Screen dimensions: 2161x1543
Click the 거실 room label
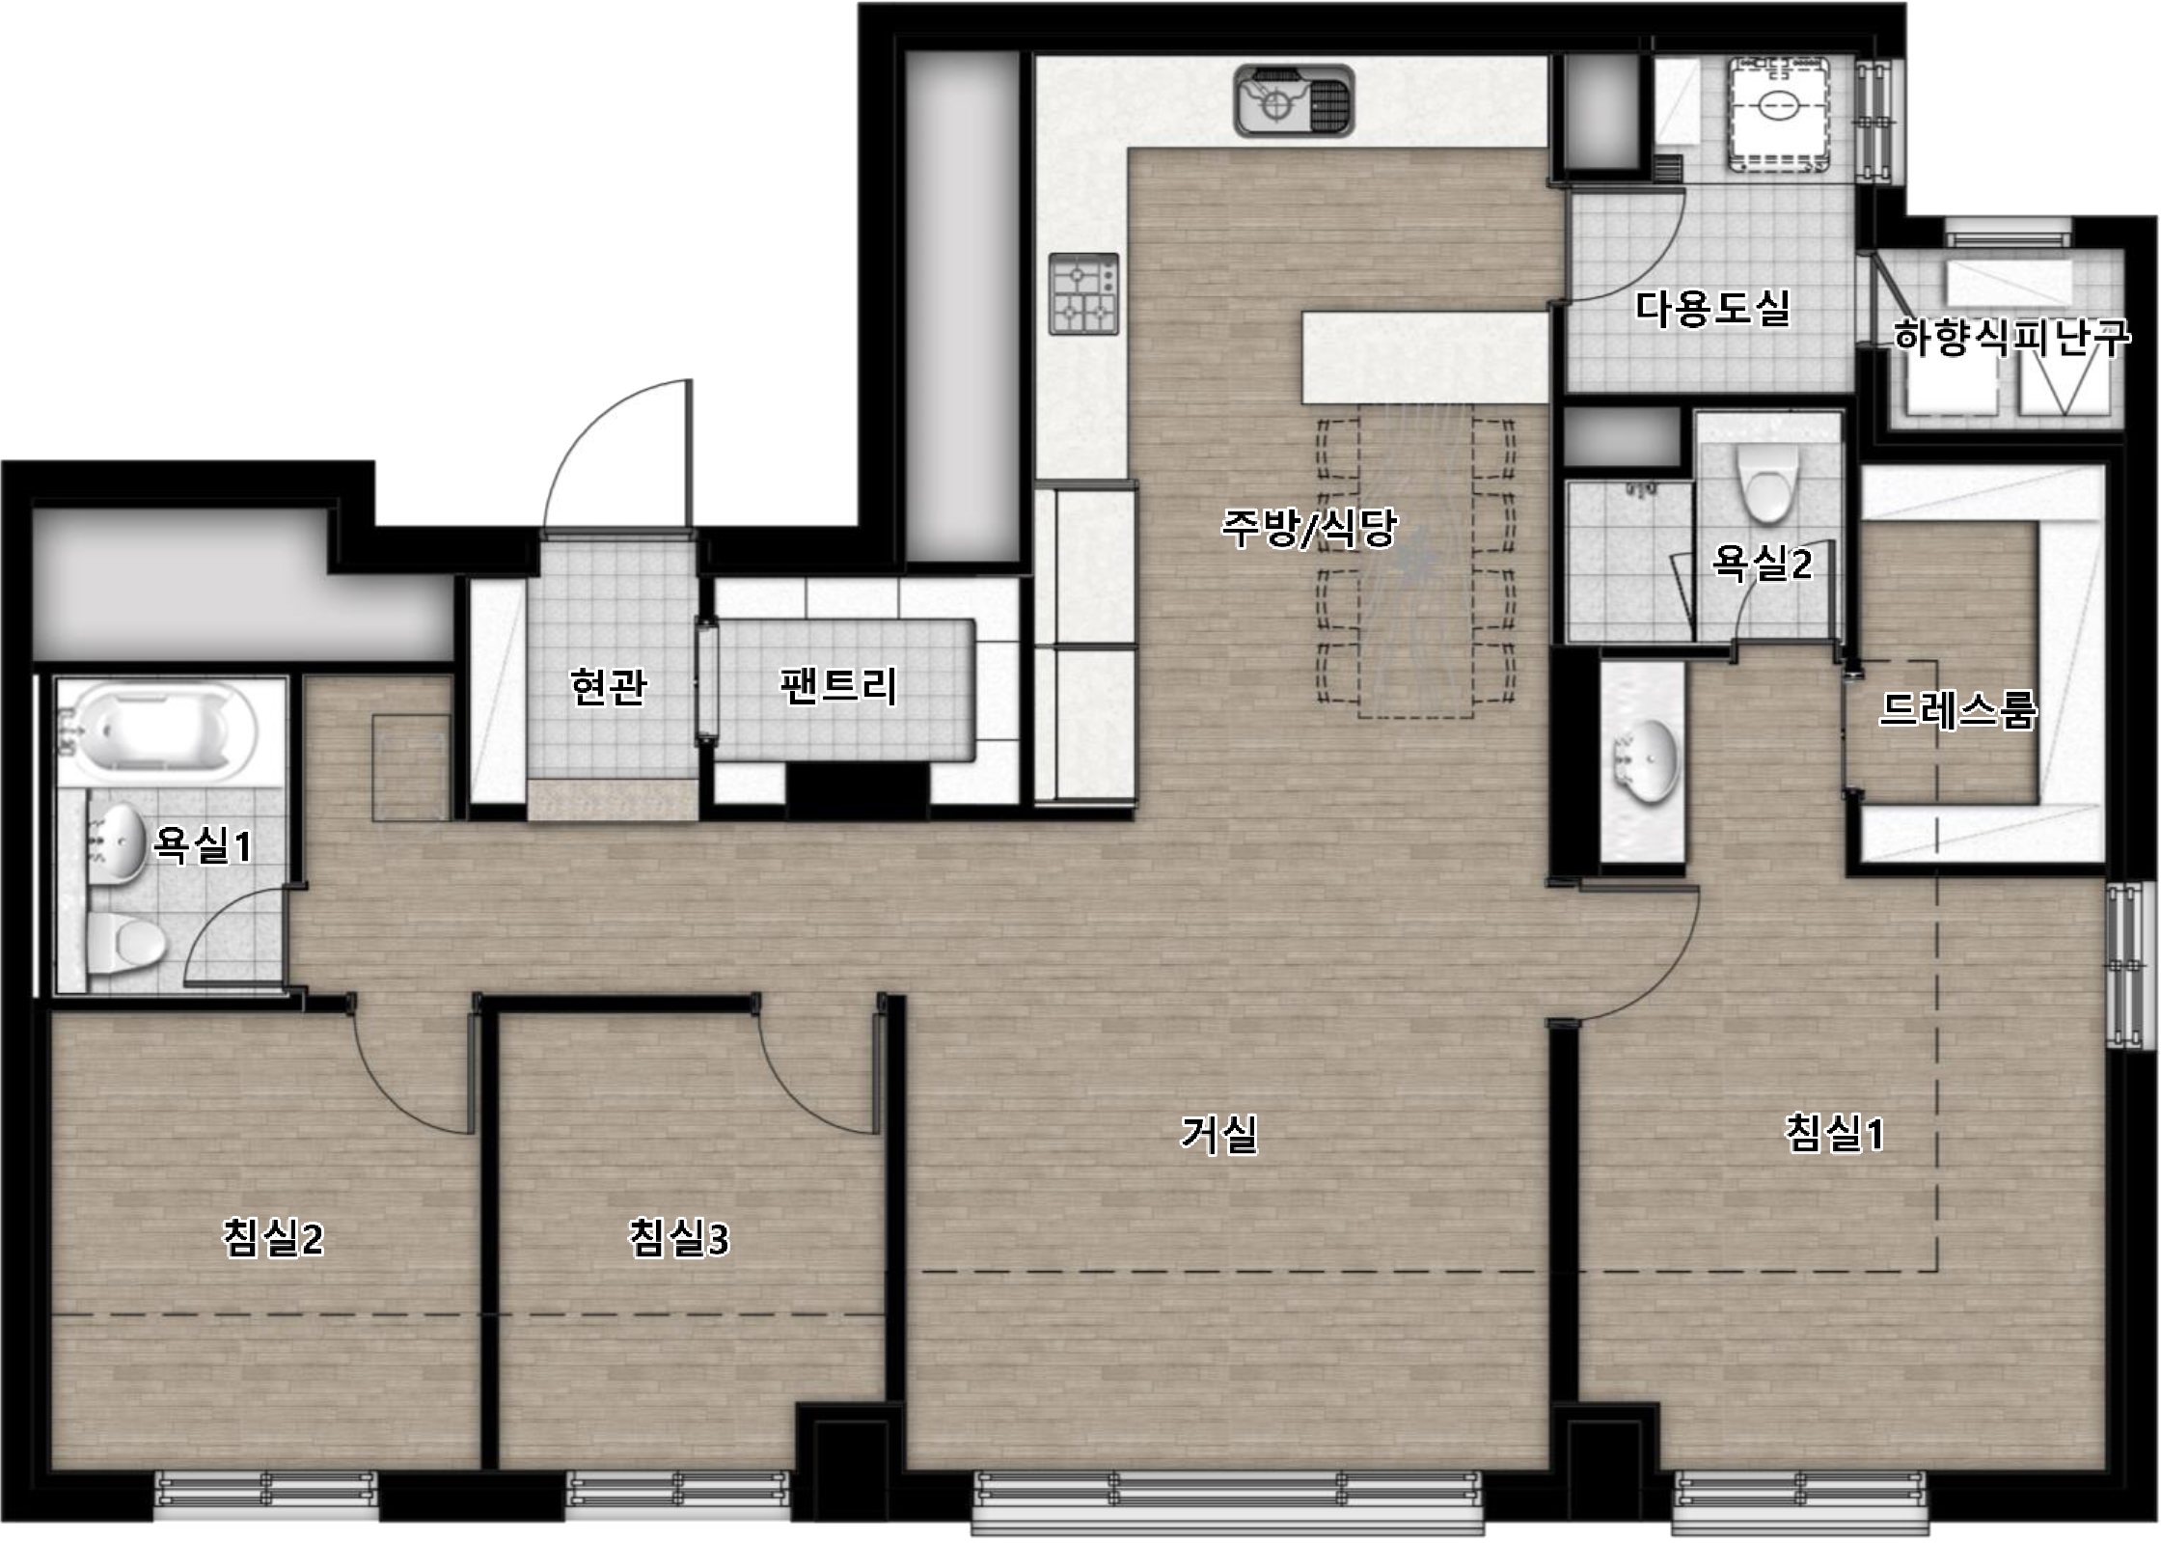point(1219,1135)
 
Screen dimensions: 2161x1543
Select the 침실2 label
point(273,1238)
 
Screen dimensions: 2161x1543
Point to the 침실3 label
point(679,1238)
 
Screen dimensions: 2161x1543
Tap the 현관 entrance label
point(609,687)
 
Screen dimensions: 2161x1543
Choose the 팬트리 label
point(838,686)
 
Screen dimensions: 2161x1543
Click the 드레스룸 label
point(1958,710)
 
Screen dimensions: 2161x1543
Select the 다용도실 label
point(1713,309)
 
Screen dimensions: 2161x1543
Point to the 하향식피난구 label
point(2012,337)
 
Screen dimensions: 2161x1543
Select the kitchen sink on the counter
point(1294,100)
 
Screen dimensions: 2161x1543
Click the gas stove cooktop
point(1084,293)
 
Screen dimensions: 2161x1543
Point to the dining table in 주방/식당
point(1416,562)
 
